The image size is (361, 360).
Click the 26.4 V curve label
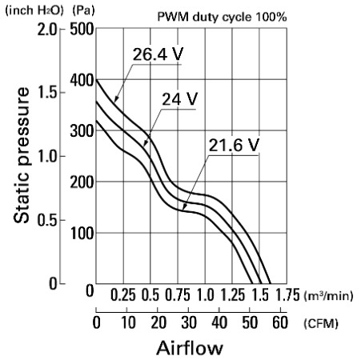[158, 54]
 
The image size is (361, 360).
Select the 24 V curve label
[180, 99]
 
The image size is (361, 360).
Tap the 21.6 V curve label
[234, 146]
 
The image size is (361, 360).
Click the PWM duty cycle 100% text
[222, 17]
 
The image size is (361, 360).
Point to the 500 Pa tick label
[82, 29]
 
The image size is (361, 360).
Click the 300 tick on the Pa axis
[82, 131]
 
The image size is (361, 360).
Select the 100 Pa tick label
[82, 234]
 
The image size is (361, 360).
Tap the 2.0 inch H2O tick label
[47, 30]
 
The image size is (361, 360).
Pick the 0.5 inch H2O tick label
[47, 220]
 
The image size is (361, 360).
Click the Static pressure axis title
[21, 155]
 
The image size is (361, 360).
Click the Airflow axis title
[190, 348]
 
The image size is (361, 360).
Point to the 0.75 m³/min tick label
[178, 295]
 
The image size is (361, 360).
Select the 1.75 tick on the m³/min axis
[287, 295]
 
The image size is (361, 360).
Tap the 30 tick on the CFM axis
[189, 322]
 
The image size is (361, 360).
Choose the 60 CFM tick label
[280, 322]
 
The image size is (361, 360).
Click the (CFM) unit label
[321, 323]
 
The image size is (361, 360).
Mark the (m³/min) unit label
[328, 295]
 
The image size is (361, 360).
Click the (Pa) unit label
[83, 10]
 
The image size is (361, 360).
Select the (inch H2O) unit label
[34, 10]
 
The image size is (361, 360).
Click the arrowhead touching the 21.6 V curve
[184, 207]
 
